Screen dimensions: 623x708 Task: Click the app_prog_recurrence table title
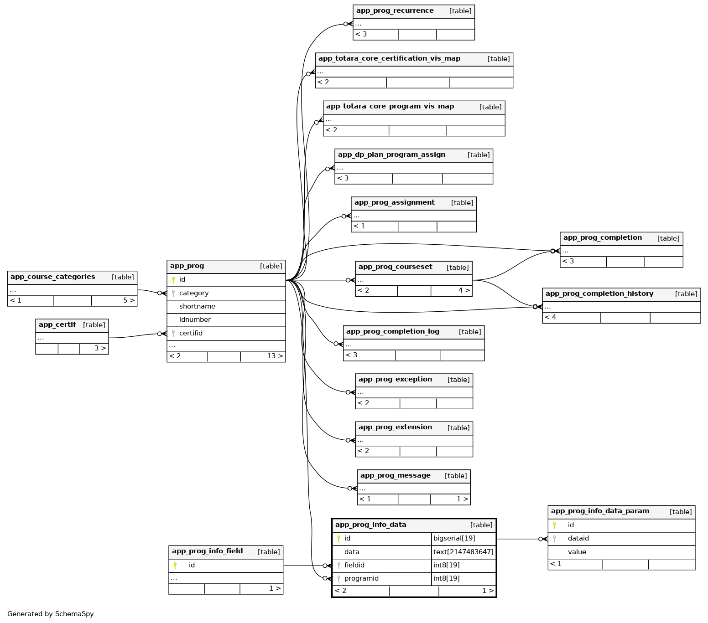395,11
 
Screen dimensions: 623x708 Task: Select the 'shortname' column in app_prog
197,307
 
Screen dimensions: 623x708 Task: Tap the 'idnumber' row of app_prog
195,320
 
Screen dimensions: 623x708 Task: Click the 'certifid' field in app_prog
191,334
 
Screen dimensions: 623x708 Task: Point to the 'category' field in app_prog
194,293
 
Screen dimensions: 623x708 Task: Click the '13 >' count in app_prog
275,356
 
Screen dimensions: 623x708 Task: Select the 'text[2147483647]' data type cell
463,552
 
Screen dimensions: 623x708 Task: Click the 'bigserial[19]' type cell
454,539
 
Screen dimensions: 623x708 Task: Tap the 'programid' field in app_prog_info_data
361,579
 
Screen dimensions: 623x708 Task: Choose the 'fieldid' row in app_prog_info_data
354,566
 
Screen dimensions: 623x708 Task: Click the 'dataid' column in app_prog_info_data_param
578,539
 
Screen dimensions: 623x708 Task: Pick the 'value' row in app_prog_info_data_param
577,552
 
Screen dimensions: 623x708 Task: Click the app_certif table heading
57,325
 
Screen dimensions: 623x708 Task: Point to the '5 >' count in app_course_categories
129,301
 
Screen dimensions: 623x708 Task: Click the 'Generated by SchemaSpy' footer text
51,614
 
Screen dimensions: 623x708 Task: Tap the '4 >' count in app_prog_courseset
463,291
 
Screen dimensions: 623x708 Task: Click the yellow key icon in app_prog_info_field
175,566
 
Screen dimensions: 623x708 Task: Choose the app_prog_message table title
395,476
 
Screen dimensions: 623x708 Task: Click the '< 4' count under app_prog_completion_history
550,318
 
